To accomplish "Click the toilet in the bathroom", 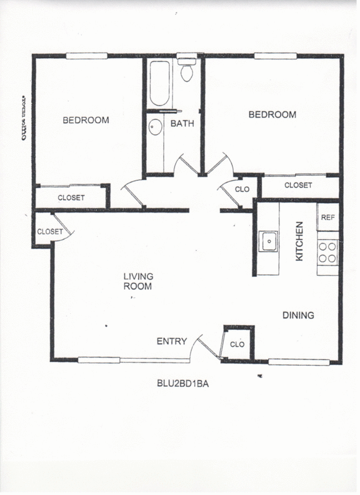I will tap(186, 72).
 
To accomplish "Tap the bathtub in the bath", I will tap(159, 84).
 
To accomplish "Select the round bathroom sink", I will tap(156, 127).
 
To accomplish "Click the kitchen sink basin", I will tap(269, 240).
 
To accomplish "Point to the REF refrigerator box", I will tap(327, 217).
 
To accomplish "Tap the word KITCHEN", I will tap(299, 241).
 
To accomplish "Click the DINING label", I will tap(298, 316).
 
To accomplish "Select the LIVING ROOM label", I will tap(138, 281).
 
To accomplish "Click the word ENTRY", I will tap(171, 341).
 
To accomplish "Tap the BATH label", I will tap(182, 124).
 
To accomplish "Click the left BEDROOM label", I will tap(86, 120).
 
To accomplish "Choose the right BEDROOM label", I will tap(272, 114).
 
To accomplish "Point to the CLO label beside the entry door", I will tap(237, 344).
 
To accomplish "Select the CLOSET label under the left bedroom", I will tap(71, 198).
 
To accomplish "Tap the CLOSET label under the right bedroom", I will tap(297, 185).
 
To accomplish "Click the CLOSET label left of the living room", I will tap(49, 231).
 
